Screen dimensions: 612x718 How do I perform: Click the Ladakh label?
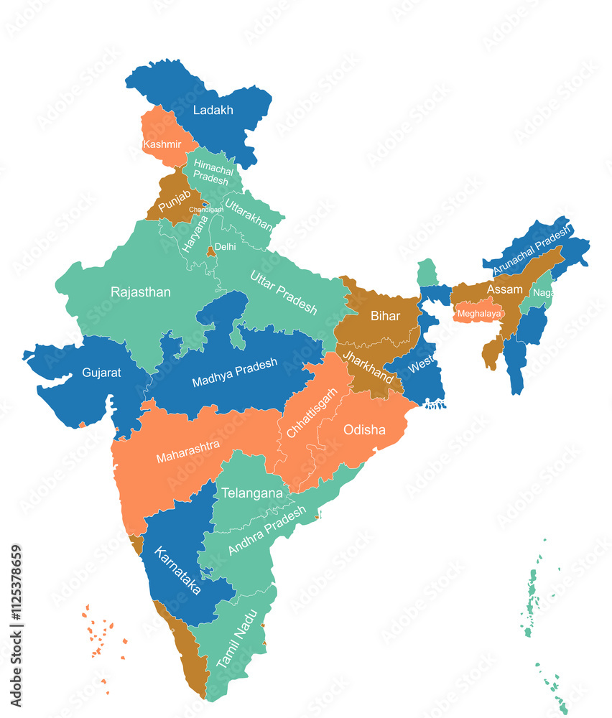point(213,111)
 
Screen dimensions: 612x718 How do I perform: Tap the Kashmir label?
point(162,144)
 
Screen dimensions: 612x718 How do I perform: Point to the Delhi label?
point(225,246)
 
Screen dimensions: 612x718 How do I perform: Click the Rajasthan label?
point(141,292)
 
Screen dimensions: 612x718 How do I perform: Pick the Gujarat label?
point(101,373)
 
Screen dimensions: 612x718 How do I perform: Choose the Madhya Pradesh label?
point(234,373)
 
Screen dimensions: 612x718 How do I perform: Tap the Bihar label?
point(385,315)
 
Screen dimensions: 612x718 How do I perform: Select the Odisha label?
point(364,430)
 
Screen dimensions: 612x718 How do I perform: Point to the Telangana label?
point(251,493)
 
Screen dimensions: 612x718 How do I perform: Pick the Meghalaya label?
point(479,313)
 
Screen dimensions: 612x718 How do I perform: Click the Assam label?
point(504,289)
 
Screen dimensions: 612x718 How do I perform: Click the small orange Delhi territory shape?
point(210,251)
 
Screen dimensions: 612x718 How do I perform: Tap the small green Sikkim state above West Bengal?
point(427,272)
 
